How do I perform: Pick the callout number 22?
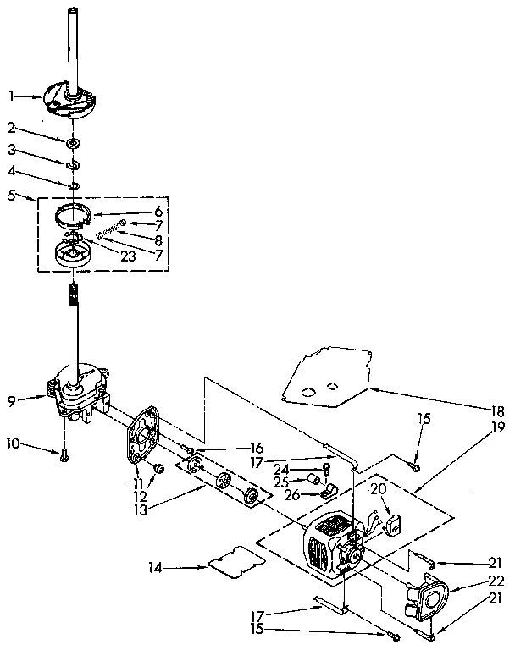point(498,581)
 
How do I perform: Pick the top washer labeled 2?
point(74,140)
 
